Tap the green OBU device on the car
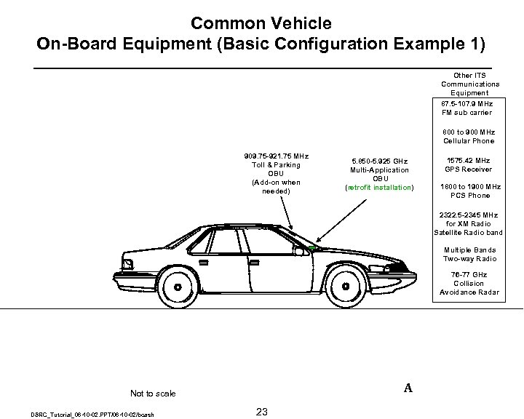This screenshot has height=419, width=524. pos(313,249)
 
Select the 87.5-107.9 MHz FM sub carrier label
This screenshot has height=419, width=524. pos(467,108)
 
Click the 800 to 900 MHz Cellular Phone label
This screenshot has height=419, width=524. pos(469,136)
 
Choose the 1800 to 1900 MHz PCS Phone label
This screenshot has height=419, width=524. pos(469,191)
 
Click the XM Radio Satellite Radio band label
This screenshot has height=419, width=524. pos(468,223)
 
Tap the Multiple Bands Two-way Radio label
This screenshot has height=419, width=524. pos(469,254)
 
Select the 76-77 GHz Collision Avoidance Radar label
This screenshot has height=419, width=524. pos(469,283)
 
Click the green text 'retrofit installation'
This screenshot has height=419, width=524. pos(381,188)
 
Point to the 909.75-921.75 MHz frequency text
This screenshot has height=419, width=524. pos(276,156)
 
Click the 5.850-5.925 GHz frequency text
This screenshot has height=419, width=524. pos(380,160)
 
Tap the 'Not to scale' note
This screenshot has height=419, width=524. pos(152,394)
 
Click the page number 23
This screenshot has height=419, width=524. pos(262,412)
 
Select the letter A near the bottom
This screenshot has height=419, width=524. pos(408,388)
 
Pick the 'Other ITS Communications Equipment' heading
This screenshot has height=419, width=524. pos(469,84)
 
